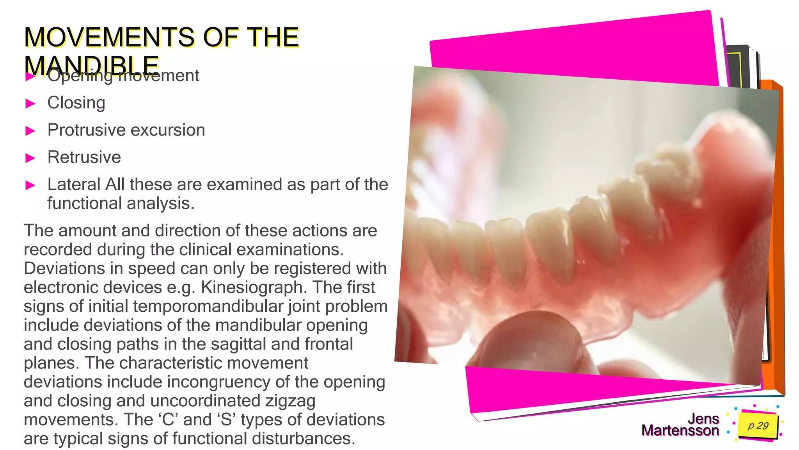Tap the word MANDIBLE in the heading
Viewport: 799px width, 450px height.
point(91,65)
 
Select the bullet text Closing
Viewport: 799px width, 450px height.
point(76,103)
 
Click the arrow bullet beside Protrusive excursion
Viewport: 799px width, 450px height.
point(30,131)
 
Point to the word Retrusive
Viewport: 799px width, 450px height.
point(84,157)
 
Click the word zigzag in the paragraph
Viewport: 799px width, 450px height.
point(290,401)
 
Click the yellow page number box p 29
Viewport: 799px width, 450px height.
point(758,425)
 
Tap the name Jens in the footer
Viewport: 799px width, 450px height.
point(703,419)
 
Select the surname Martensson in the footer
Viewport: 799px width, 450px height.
point(680,430)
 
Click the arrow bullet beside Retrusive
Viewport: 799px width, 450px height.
point(30,158)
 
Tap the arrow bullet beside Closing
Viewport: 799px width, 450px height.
point(30,104)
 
